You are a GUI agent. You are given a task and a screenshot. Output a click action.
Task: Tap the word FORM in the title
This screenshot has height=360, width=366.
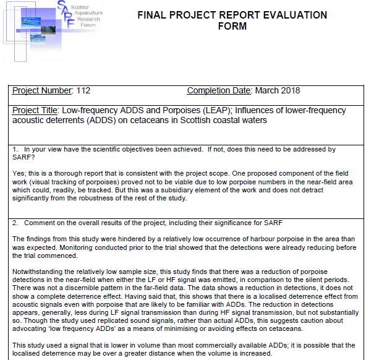(x=232, y=26)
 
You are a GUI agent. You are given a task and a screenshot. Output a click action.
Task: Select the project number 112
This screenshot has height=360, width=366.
(x=83, y=91)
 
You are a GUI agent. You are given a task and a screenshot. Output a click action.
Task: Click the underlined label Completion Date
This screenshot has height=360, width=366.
(x=219, y=91)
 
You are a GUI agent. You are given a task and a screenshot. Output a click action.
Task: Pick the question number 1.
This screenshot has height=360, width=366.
(x=15, y=150)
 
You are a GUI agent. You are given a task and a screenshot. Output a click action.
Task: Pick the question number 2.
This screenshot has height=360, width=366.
(x=15, y=221)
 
